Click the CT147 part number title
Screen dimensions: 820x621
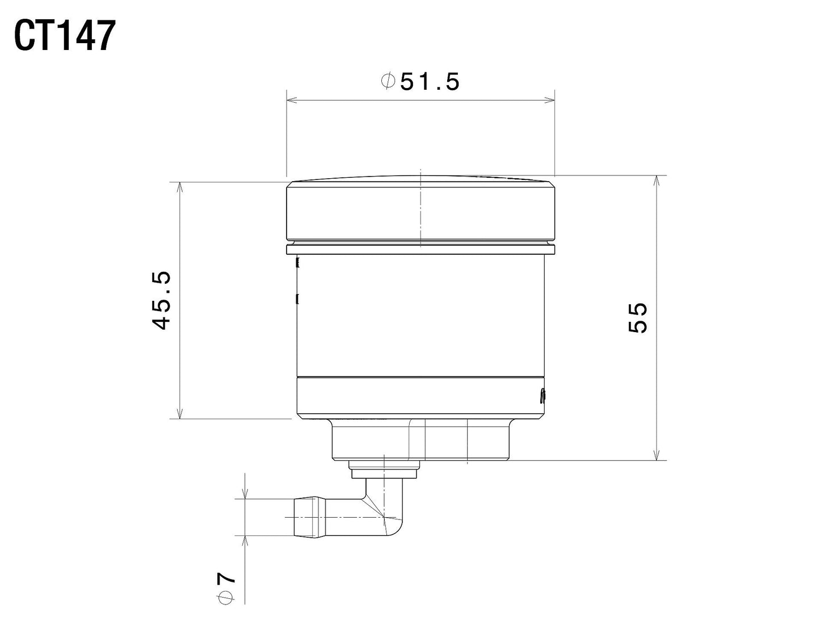(65, 36)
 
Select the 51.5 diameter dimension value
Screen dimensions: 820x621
(429, 81)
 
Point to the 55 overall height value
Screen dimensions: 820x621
(637, 318)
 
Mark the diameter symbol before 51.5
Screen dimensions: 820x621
(388, 81)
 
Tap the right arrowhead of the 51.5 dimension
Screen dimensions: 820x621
(549, 100)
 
